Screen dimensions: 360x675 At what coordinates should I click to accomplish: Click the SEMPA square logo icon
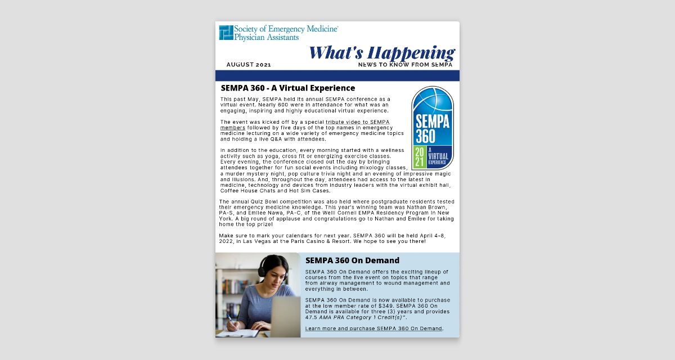[x=226, y=33]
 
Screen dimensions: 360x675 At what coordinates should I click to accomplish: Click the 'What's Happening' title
[x=381, y=52]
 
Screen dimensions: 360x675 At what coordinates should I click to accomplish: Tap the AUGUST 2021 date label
[x=249, y=65]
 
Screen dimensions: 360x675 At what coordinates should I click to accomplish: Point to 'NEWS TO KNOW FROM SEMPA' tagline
[x=406, y=65]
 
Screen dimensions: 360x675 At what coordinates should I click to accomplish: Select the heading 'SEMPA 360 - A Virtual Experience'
[x=288, y=88]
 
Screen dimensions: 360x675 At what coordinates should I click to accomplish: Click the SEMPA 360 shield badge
[x=433, y=128]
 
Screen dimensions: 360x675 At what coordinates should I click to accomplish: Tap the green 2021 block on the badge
[x=420, y=157]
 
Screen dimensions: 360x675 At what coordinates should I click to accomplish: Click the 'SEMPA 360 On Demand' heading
[x=352, y=260]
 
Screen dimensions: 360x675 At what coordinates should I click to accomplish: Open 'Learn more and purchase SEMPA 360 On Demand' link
[x=374, y=328]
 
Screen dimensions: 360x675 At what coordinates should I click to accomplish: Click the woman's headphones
[x=260, y=269]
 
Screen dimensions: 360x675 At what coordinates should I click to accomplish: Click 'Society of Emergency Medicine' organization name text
[x=286, y=29]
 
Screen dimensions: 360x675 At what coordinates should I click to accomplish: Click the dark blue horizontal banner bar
[x=337, y=75]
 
